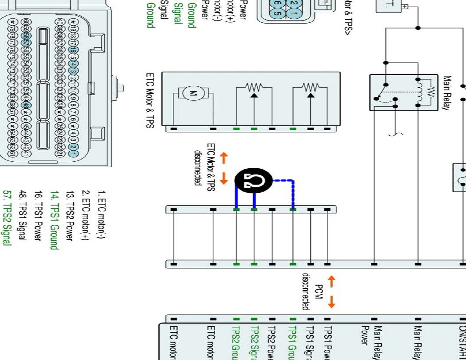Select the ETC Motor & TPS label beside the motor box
click(x=149, y=100)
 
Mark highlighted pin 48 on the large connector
click(x=26, y=106)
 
